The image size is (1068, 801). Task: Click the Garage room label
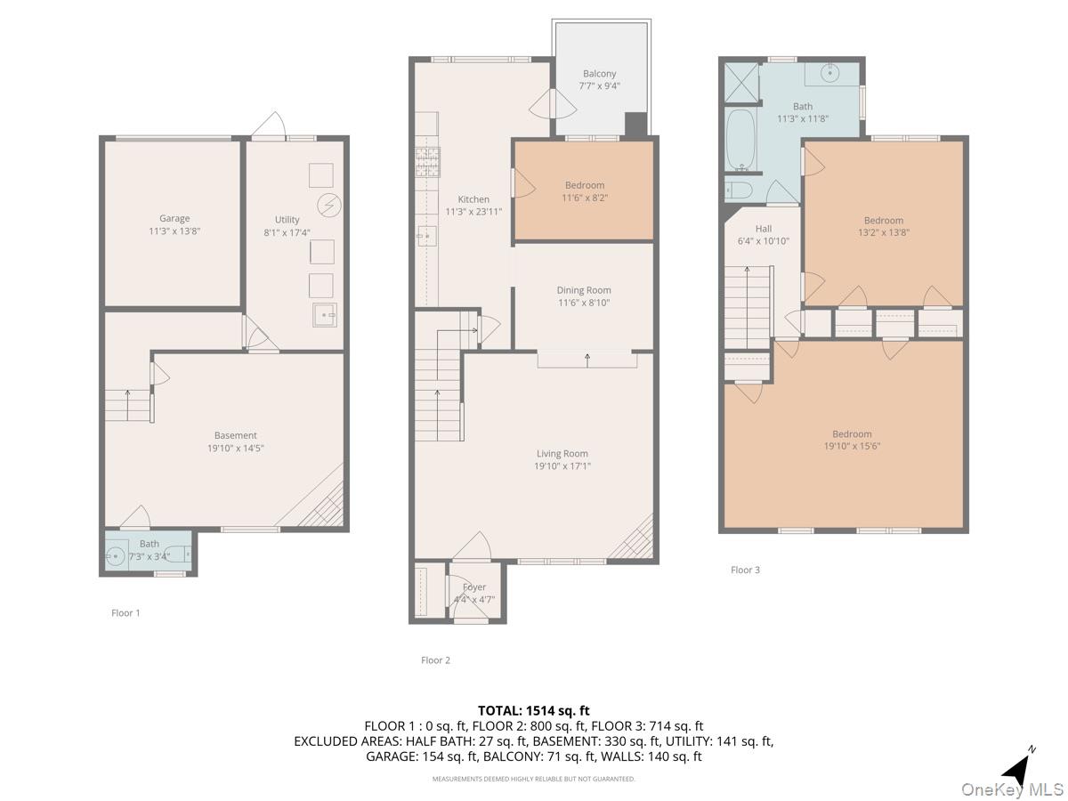[x=174, y=218]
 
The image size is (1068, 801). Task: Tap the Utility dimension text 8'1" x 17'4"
[x=287, y=232]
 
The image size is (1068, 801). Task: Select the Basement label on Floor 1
[x=236, y=435]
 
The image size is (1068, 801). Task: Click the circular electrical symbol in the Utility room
[x=329, y=206]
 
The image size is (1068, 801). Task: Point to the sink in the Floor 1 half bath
[x=116, y=555]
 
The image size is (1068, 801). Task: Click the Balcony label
[x=599, y=74]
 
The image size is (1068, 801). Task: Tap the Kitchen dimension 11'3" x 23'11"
[x=473, y=212]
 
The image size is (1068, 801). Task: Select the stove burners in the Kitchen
[x=427, y=162]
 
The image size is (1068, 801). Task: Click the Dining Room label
[x=583, y=290]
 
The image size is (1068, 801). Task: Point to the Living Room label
[x=562, y=454]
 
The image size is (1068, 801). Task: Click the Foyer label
[x=473, y=587]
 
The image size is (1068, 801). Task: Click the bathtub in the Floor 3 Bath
[x=740, y=140]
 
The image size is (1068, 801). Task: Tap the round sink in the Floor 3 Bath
[x=829, y=74]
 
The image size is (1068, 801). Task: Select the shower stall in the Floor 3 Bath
[x=741, y=83]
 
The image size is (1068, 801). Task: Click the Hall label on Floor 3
[x=763, y=229]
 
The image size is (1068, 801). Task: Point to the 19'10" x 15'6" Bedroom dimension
[x=852, y=446]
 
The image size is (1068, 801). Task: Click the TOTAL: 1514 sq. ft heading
[x=533, y=710]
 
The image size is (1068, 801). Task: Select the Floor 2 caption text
[x=435, y=660]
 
